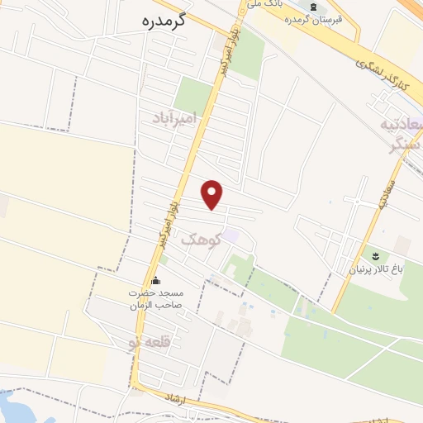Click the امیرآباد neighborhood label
coord(177,121)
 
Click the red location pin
coord(212,194)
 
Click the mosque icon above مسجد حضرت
coord(155,281)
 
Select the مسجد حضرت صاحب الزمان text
coord(159,299)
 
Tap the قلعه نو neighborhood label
coord(147,342)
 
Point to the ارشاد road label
coord(176,399)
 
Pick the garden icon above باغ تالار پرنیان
coord(374,254)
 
